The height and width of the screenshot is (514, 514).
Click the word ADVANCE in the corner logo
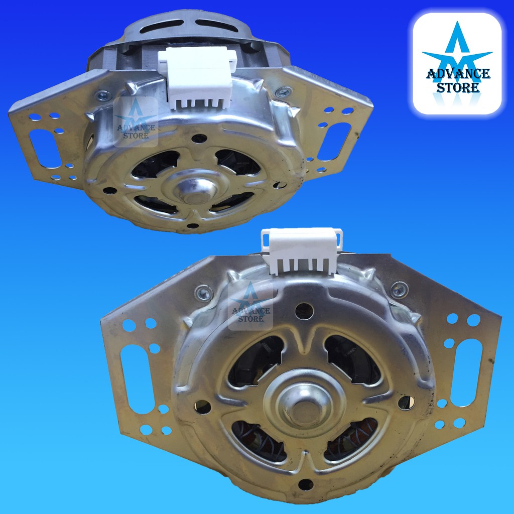tap(458, 74)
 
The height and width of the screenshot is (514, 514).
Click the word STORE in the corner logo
tap(458, 87)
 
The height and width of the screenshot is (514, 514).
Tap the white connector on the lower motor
tap(302, 251)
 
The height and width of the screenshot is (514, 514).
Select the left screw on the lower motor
tap(204, 293)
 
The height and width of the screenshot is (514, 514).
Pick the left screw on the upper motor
tap(103, 96)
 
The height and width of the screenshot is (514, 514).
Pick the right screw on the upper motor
tap(283, 92)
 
